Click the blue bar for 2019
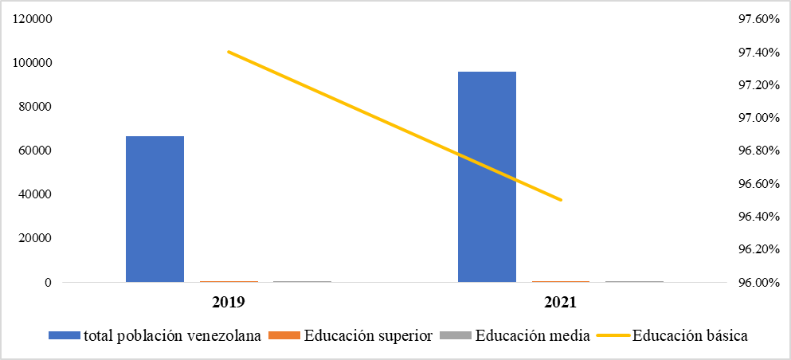155,209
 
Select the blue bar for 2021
487,177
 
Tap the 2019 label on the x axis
228,303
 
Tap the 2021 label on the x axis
560,303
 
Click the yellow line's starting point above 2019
228,52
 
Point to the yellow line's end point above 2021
561,200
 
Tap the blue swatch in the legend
65,336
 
